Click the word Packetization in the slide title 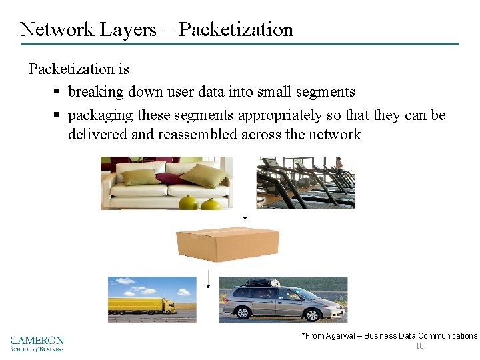[x=236, y=30]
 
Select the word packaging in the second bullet [x=101, y=115]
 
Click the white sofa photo [x=167, y=183]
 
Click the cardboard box [x=227, y=243]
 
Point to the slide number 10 [x=419, y=346]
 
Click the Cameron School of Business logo [x=37, y=343]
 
